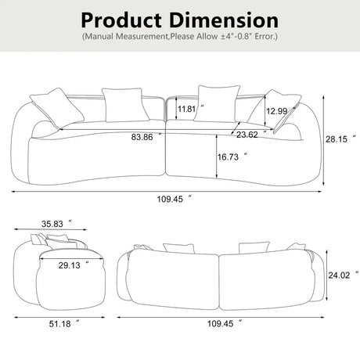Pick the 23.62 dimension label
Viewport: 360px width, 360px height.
(x=248, y=134)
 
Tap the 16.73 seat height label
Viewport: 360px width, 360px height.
(x=229, y=157)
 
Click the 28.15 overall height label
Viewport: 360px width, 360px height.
(x=337, y=138)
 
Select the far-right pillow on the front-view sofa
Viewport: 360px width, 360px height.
(x=281, y=105)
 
